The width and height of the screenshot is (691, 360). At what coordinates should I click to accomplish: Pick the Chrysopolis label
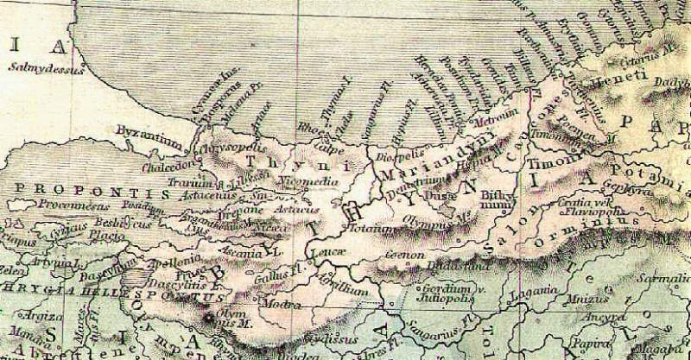click(x=207, y=148)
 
